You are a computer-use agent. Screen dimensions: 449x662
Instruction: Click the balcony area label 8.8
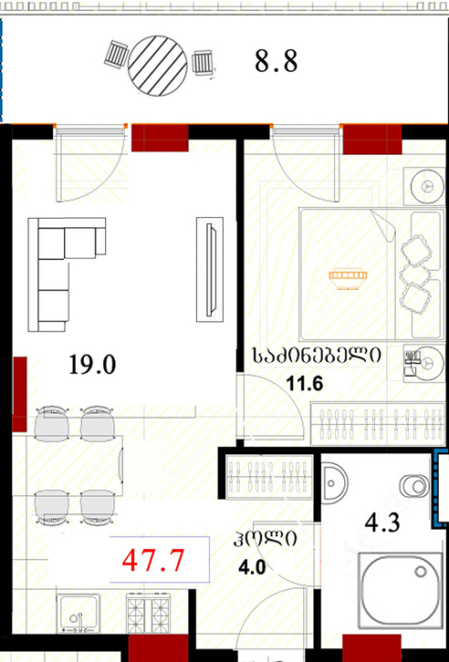click(277, 61)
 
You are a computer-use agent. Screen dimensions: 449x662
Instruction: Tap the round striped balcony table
click(158, 66)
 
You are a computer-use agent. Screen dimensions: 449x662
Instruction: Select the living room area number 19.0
click(92, 365)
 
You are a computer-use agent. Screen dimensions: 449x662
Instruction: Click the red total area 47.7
click(153, 561)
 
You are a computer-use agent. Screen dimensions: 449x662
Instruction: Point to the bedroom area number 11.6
click(305, 384)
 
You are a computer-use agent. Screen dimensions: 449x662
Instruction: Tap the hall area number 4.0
click(252, 568)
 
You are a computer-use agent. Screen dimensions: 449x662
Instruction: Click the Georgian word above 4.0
click(265, 538)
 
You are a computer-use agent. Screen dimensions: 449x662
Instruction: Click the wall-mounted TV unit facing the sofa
click(210, 269)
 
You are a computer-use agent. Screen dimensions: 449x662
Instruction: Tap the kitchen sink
click(78, 614)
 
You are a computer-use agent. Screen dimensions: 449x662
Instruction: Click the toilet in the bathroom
click(416, 485)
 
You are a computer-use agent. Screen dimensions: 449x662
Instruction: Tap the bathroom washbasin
click(334, 481)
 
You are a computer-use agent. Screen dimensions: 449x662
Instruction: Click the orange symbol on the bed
click(348, 279)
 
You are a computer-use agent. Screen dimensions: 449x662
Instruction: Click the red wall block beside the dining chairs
click(19, 394)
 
